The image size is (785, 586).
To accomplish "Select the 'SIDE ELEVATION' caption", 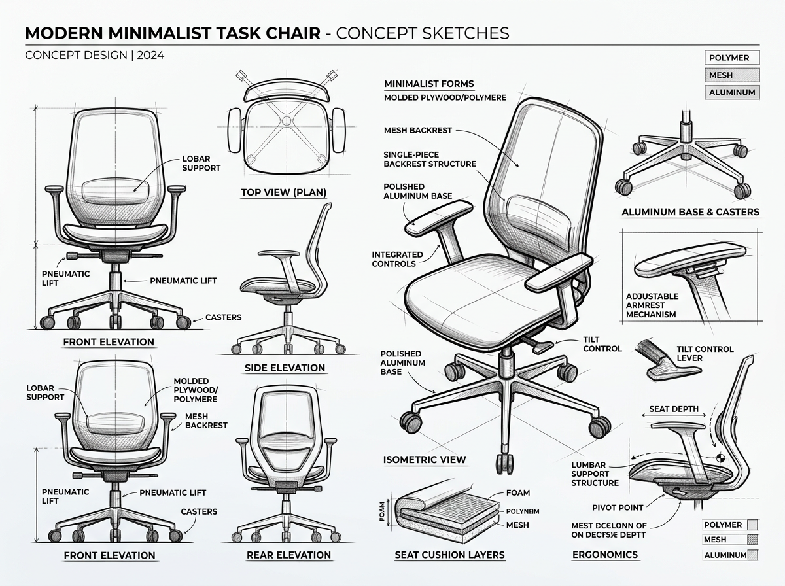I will pyautogui.click(x=285, y=368).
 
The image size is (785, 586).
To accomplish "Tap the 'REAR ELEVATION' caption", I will pyautogui.click(x=288, y=555).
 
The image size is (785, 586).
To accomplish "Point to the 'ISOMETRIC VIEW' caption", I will pyautogui.click(x=425, y=459).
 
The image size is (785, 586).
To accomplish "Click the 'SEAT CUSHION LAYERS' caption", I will pyautogui.click(x=449, y=555).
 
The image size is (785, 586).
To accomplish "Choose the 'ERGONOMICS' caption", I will pyautogui.click(x=604, y=555).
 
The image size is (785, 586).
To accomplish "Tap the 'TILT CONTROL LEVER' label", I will pyautogui.click(x=705, y=354).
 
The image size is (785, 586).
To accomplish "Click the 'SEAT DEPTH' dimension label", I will pyautogui.click(x=673, y=409).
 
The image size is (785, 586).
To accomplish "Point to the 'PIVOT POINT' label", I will pyautogui.click(x=618, y=507).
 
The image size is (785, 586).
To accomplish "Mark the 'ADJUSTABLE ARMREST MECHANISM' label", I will pyautogui.click(x=652, y=305).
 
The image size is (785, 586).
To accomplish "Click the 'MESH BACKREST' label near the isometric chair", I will pyautogui.click(x=417, y=130).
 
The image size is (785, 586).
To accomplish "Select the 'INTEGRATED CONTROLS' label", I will pyautogui.click(x=397, y=259).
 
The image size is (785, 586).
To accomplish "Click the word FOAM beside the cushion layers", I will pyautogui.click(x=518, y=492).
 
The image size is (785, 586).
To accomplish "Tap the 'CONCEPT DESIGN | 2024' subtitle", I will pyautogui.click(x=94, y=55).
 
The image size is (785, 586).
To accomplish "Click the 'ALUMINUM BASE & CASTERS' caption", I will pyautogui.click(x=690, y=212).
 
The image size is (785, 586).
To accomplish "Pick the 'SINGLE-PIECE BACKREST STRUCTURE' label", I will pyautogui.click(x=429, y=159).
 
